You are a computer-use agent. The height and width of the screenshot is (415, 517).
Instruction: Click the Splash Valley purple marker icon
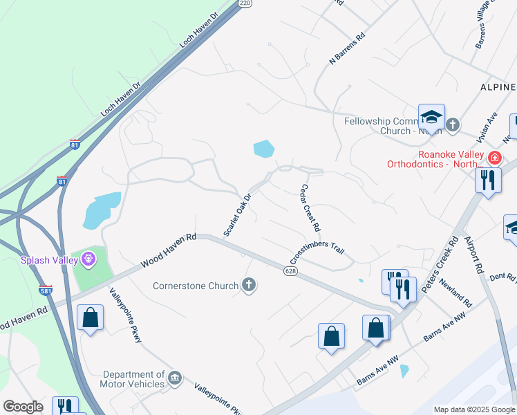[x=88, y=260]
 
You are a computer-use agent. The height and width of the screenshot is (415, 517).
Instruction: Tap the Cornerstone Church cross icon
[x=248, y=284]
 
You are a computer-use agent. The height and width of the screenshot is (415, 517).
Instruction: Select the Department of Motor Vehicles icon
[x=174, y=378]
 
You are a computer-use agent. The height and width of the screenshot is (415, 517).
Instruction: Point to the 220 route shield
[x=245, y=3]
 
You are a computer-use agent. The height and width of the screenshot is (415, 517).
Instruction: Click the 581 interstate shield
[x=46, y=290]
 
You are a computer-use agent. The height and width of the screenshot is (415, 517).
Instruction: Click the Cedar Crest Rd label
[x=310, y=207]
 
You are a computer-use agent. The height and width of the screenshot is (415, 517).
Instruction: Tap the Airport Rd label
[x=472, y=254]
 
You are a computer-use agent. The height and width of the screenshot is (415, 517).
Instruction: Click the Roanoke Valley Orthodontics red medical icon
[x=494, y=158]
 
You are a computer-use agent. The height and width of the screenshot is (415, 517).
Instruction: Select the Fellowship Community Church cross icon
[x=453, y=125]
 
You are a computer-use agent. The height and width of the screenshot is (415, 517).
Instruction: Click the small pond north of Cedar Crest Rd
[x=263, y=148]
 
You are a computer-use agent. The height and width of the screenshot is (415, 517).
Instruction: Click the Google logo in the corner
[x=23, y=407]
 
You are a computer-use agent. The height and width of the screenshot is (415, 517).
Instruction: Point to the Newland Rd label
[x=457, y=294]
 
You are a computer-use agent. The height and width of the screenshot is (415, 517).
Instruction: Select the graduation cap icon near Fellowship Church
[x=431, y=116]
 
